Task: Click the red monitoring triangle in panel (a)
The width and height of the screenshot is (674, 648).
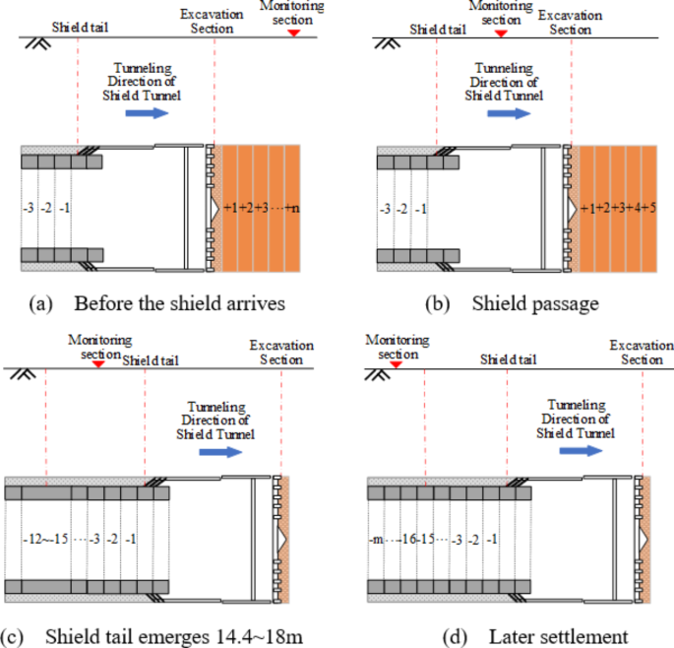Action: tap(292, 33)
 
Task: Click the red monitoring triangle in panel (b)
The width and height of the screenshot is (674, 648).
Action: tap(501, 33)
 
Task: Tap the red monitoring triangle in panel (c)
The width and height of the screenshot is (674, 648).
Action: tap(95, 364)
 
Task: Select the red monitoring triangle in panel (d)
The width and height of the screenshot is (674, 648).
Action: tap(393, 364)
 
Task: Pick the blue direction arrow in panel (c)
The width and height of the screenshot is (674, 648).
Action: tap(218, 451)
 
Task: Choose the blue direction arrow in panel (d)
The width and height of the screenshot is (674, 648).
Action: tap(582, 450)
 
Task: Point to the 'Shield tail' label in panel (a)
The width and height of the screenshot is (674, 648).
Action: tap(75, 29)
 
